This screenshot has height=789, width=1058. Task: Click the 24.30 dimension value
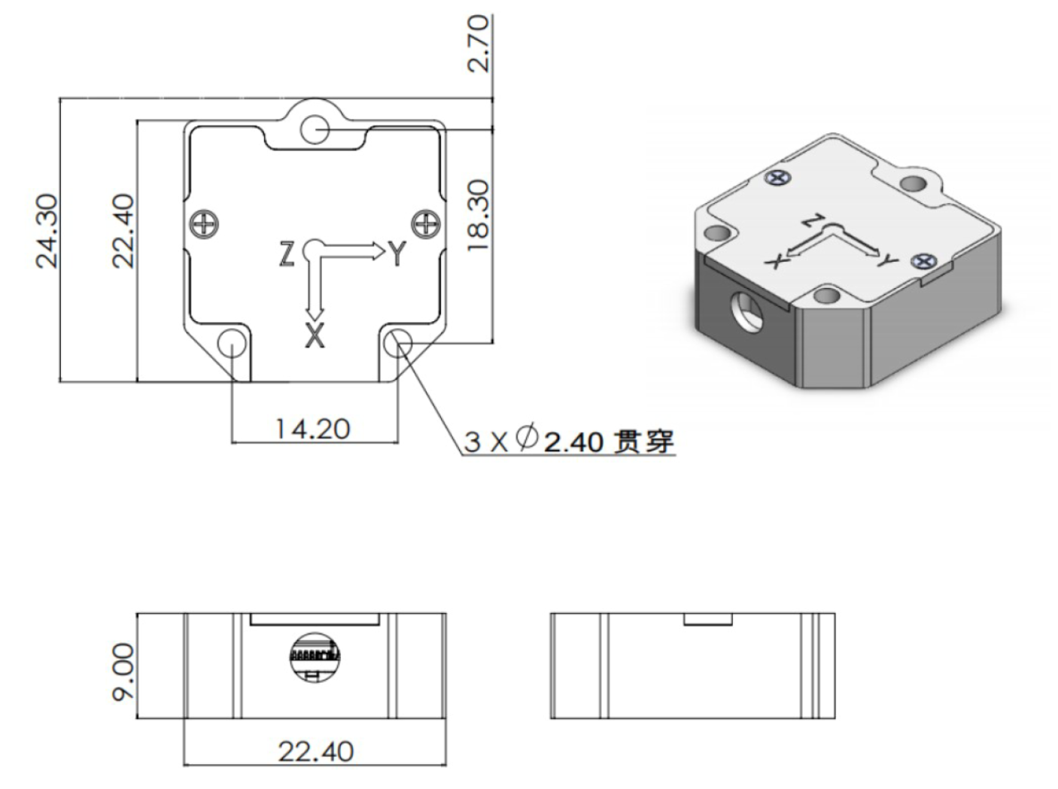(x=47, y=230)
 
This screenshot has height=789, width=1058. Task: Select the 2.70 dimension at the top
(x=479, y=44)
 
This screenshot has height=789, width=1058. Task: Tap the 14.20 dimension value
(x=313, y=429)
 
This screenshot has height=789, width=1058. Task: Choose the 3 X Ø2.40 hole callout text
(x=569, y=441)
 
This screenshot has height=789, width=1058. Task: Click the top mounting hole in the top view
(x=315, y=129)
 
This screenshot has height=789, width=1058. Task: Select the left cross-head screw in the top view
(x=204, y=223)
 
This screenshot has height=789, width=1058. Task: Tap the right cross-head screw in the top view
(x=426, y=223)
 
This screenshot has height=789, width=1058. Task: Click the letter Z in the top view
(x=287, y=254)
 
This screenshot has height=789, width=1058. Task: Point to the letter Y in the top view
(x=397, y=254)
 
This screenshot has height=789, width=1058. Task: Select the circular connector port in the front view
(x=315, y=655)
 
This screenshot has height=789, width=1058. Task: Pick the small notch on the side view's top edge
(x=707, y=618)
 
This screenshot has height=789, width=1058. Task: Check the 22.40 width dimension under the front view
(x=315, y=751)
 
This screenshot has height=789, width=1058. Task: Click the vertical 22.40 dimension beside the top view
(x=123, y=230)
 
